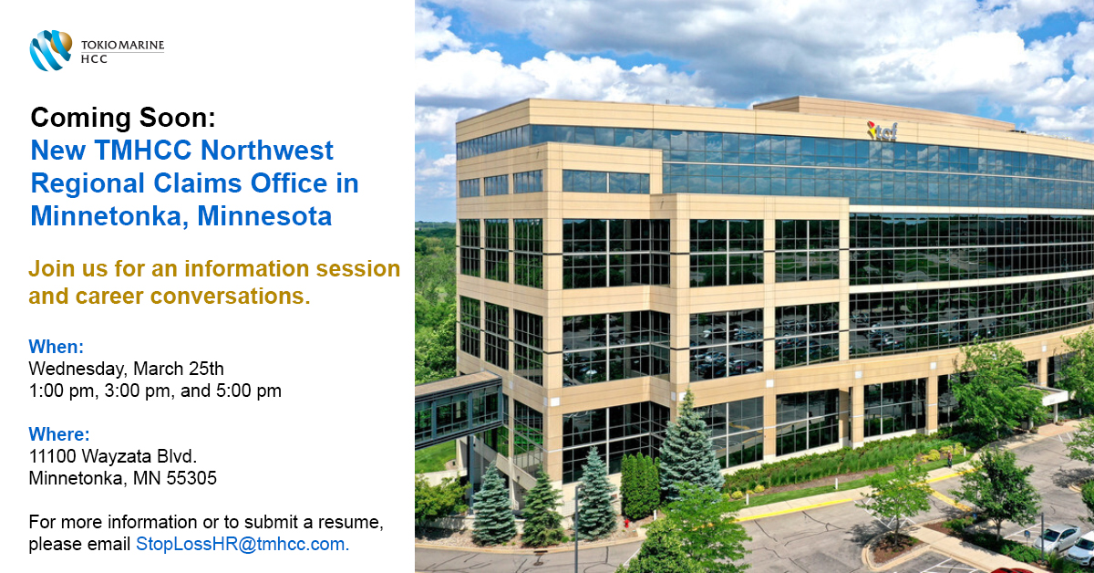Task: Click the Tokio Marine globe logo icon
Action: point(50,49)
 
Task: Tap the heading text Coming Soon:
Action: point(123,118)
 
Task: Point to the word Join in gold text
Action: point(52,269)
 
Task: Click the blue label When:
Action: point(56,347)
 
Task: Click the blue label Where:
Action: point(59,434)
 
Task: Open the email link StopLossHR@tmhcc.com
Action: point(242,544)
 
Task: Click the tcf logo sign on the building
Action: point(882,130)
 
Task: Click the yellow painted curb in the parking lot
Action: point(793,507)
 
